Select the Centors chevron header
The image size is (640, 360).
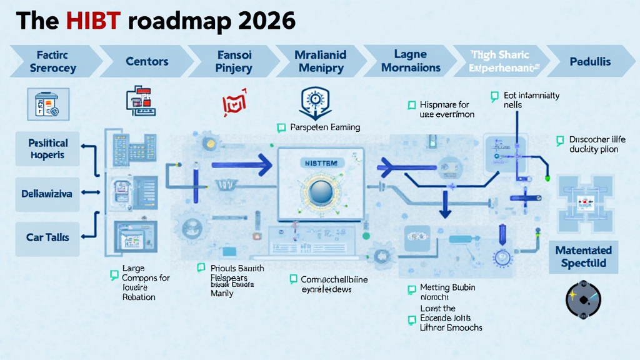(x=147, y=61)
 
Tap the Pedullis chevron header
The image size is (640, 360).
(x=590, y=61)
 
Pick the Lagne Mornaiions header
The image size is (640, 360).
(x=411, y=61)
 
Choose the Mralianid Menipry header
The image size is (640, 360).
(x=320, y=61)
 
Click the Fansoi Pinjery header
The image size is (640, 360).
(x=234, y=61)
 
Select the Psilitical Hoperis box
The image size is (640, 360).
(x=47, y=149)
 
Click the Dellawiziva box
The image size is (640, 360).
(x=47, y=194)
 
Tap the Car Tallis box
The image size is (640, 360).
(x=47, y=237)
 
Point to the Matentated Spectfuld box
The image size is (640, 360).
(x=583, y=257)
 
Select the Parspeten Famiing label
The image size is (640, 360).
(x=325, y=127)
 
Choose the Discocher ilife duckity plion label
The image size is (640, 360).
(x=597, y=144)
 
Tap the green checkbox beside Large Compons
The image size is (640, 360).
(x=114, y=274)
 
